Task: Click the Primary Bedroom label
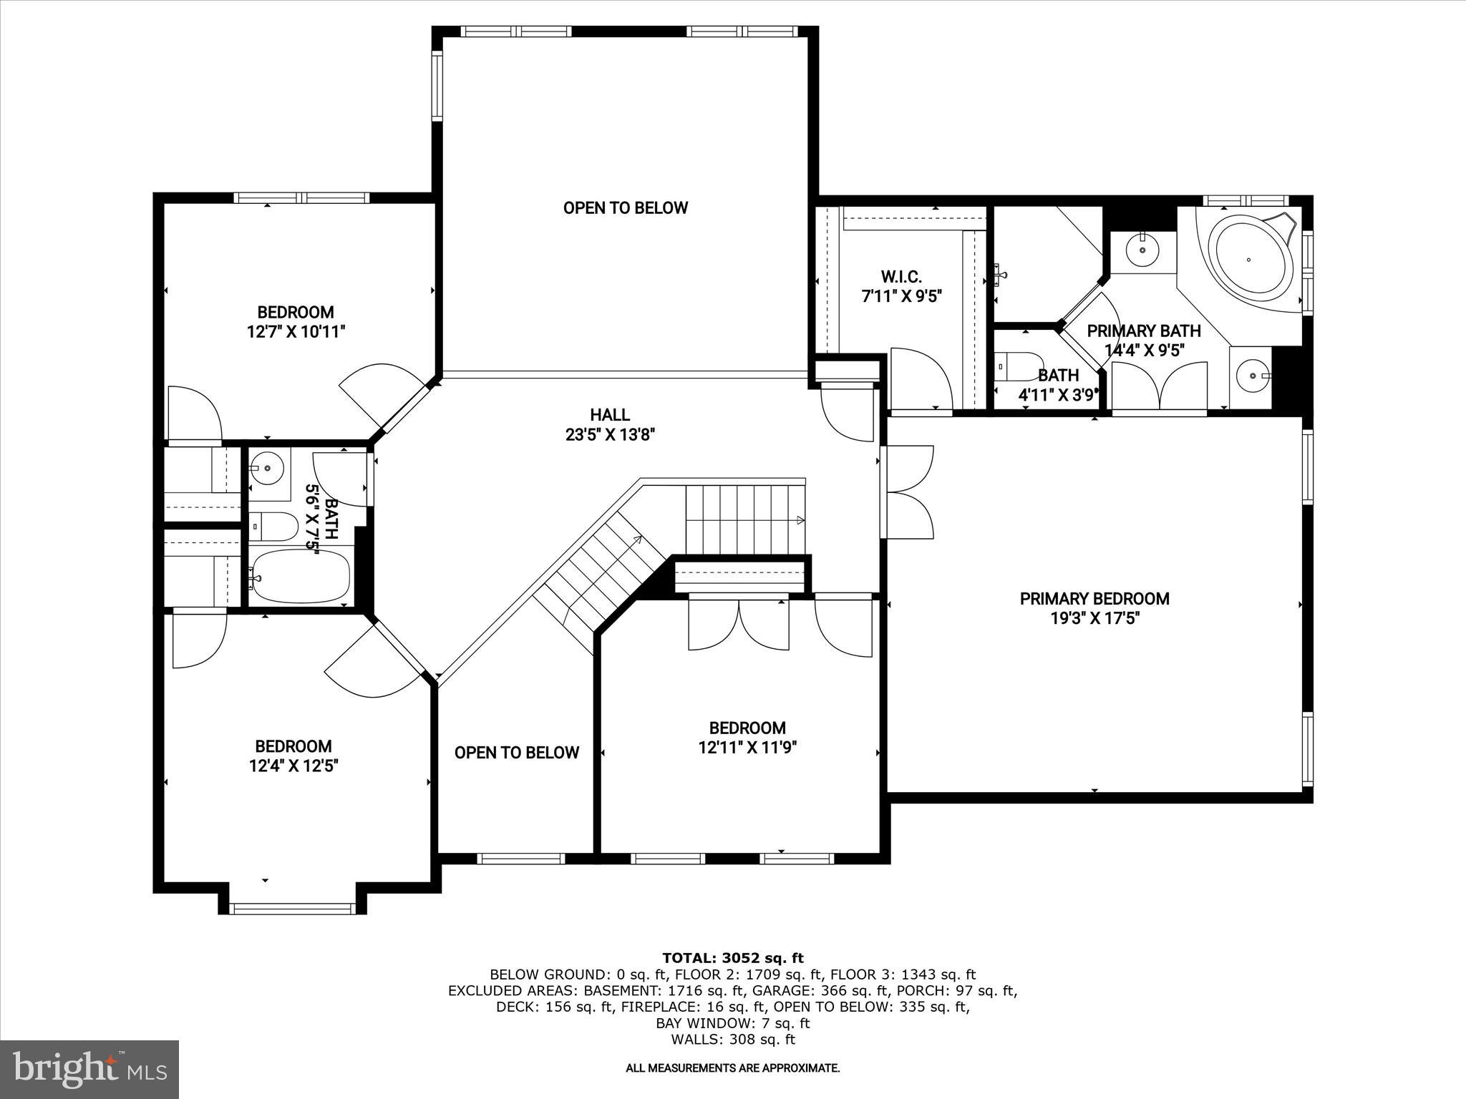click(1094, 599)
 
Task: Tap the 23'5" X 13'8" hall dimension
click(610, 434)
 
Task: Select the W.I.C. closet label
click(901, 276)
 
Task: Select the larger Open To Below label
click(625, 208)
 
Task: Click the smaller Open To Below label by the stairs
click(516, 753)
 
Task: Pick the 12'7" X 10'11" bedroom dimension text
click(296, 332)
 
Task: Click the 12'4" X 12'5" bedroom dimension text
click(293, 766)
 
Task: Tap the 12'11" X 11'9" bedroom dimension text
click(747, 748)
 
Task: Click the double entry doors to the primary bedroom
click(908, 492)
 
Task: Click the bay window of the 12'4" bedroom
click(293, 909)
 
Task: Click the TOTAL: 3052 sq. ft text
click(732, 958)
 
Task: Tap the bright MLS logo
click(89, 1070)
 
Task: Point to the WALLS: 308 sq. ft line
click(732, 1040)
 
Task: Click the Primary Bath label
click(1143, 331)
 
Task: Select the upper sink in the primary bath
click(1142, 250)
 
